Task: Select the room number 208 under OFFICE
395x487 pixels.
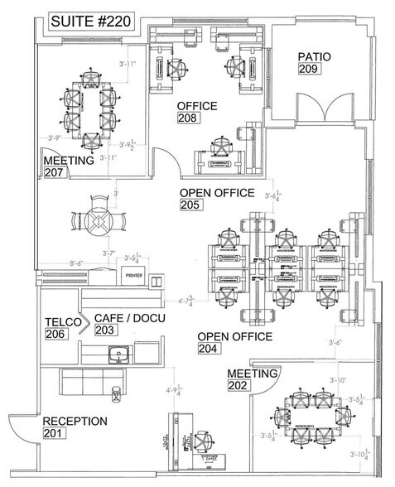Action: [187, 119]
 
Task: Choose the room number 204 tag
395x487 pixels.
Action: [209, 350]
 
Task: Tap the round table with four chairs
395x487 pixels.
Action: [99, 219]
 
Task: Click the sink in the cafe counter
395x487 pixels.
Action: [118, 355]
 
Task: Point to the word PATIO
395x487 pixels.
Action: [316, 56]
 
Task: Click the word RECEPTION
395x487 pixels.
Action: [75, 422]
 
